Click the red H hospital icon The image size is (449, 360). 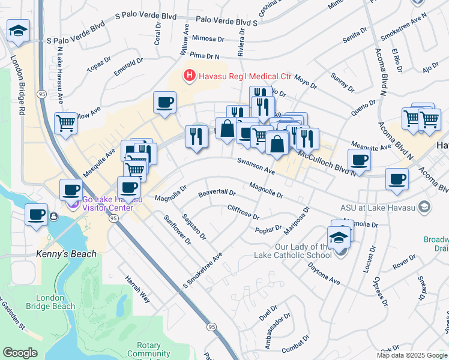pyautogui.click(x=189, y=76)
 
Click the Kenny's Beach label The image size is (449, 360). pyautogui.click(x=65, y=254)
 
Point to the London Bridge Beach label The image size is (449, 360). pyautogui.click(x=55, y=302)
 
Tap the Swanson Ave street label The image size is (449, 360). pyautogui.click(x=255, y=166)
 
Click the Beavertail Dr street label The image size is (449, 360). pyautogui.click(x=216, y=194)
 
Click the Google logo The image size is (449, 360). pyautogui.click(x=20, y=353)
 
